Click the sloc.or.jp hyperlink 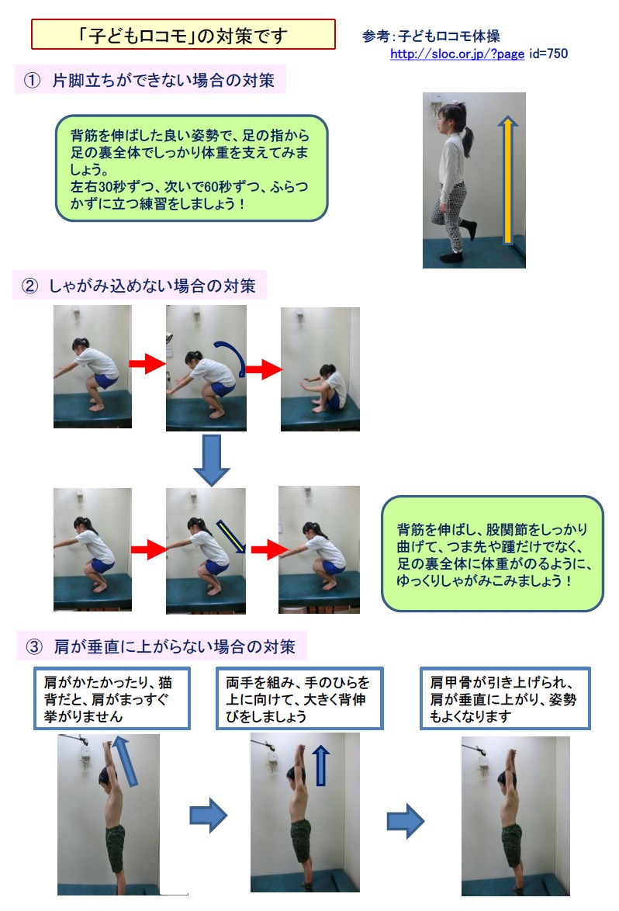coord(457,54)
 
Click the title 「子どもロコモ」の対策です coord(183,36)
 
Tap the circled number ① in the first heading coord(33,80)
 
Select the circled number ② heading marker coord(30,286)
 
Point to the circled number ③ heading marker coord(34,646)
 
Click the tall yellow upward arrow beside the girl coord(508,179)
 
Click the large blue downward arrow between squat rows coord(211,460)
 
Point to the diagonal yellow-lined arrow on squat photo coord(232,536)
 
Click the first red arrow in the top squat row coord(147,364)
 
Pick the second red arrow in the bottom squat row coord(269,549)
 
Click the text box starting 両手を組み coord(299,698)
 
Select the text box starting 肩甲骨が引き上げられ coord(505,698)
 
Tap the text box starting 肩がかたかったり coord(112,698)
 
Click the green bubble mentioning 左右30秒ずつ coord(192,168)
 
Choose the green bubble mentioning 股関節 coord(493,554)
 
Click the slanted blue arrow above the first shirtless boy coord(125,761)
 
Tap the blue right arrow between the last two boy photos coord(406,821)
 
